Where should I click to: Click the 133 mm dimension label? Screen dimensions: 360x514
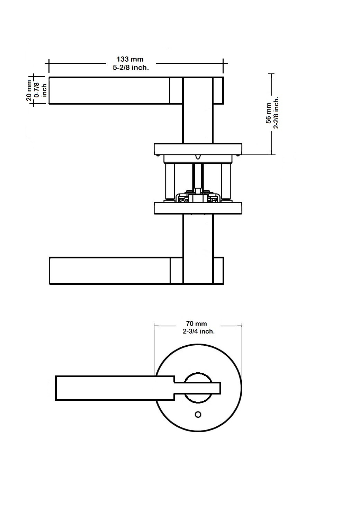(130, 59)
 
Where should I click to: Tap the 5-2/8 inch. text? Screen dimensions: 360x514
(131, 68)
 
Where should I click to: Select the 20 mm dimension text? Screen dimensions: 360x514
(29, 90)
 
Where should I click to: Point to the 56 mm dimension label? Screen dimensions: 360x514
(268, 113)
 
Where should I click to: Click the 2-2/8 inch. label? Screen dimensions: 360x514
(276, 113)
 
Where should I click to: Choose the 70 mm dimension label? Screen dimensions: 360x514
(196, 324)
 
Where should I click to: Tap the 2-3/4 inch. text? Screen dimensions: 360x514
(199, 331)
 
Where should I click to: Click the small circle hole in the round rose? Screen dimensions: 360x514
(198, 414)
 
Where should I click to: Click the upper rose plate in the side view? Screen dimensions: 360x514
(198, 149)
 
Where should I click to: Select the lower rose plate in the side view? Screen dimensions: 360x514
(198, 209)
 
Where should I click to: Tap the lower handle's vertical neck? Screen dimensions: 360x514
(198, 249)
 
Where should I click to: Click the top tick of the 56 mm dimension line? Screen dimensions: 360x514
(271, 74)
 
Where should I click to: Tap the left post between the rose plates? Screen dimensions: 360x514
(170, 181)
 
